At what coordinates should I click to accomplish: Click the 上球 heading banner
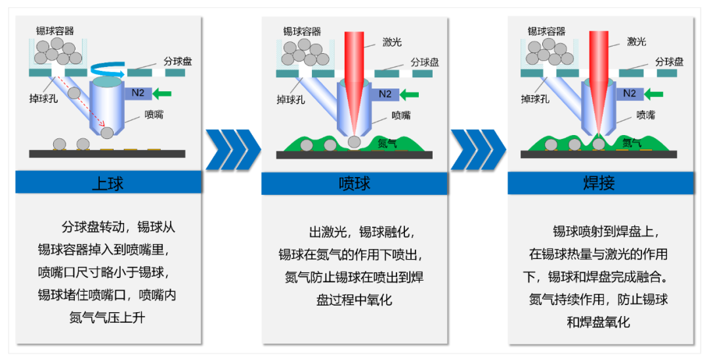click(x=108, y=182)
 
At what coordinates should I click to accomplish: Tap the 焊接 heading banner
click(x=600, y=183)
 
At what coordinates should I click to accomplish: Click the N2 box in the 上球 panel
click(x=138, y=93)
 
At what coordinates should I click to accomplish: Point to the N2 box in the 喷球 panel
click(x=385, y=94)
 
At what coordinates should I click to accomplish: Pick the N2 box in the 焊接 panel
click(x=629, y=93)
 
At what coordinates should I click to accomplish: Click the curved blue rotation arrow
click(x=108, y=67)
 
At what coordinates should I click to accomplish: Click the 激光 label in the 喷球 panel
click(x=392, y=43)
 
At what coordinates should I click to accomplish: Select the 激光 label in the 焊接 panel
click(x=636, y=42)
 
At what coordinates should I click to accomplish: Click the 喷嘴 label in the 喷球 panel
click(x=401, y=116)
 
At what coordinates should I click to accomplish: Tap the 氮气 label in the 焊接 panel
click(x=632, y=142)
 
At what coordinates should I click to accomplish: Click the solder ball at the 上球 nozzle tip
click(x=107, y=133)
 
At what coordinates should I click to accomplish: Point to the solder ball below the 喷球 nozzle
click(x=354, y=142)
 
